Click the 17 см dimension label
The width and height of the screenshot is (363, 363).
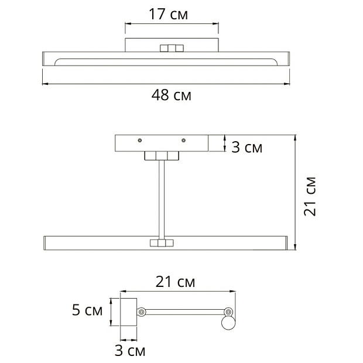pos(168,15)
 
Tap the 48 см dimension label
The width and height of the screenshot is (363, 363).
pos(172,95)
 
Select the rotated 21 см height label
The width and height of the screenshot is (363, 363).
pos(310,196)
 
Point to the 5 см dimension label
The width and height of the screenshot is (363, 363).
pos(87,310)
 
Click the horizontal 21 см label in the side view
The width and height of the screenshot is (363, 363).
pos(175,282)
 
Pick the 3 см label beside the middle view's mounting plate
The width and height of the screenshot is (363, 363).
pos(247,147)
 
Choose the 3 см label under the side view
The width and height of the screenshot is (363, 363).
pos(130,351)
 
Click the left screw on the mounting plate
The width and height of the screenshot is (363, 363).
pos(140,141)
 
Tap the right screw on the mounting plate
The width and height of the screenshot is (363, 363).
pos(184,141)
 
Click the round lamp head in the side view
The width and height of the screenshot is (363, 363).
pos(228,323)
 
